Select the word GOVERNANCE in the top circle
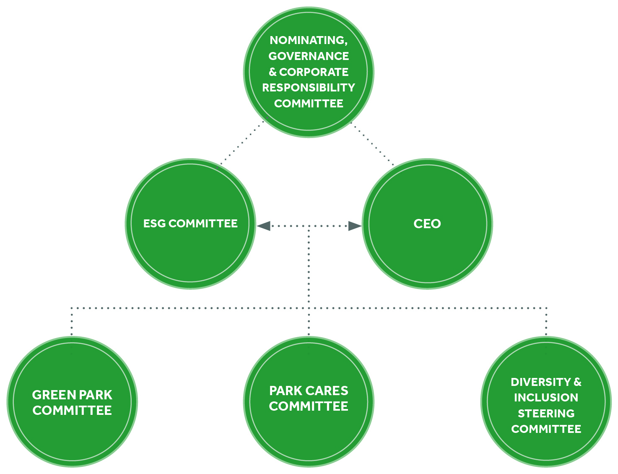(309, 56)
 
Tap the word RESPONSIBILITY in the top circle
(309, 88)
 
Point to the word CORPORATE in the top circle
(314, 72)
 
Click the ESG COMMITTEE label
(190, 224)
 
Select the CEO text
(427, 224)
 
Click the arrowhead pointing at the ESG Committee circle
(264, 226)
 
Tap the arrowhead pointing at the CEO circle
(355, 226)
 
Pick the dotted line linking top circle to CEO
(372, 143)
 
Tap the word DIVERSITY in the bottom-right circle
(540, 382)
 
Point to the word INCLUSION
(546, 398)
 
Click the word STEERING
(546, 414)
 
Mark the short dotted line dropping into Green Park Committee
(72, 322)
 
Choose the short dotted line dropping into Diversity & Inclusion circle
(546, 322)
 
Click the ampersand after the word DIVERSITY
(577, 382)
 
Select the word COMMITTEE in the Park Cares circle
(309, 406)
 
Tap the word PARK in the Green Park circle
(96, 395)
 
